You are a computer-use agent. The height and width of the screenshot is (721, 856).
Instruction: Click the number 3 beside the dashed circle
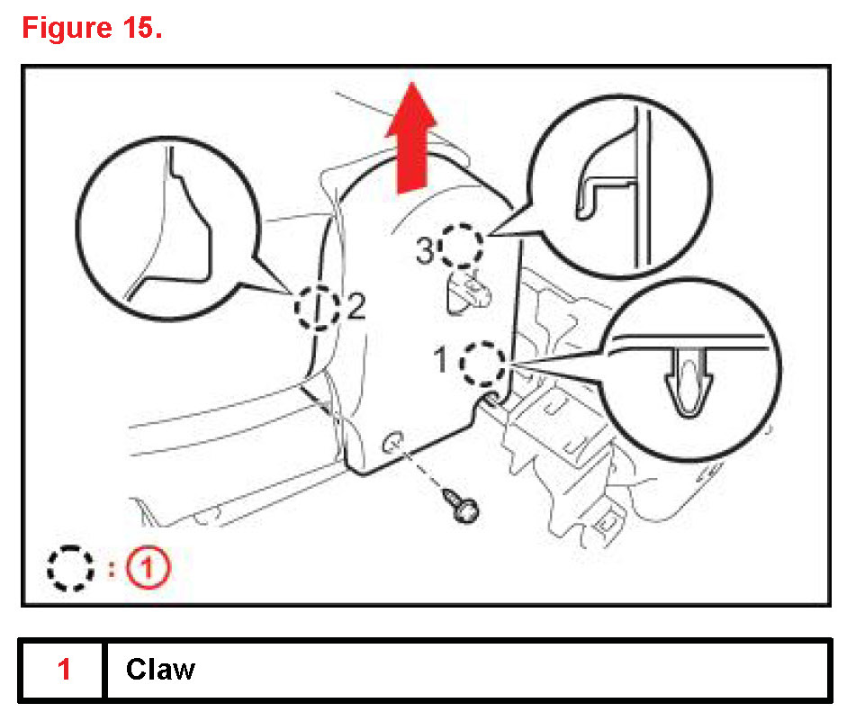click(427, 252)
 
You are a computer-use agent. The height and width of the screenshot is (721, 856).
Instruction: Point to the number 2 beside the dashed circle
click(355, 309)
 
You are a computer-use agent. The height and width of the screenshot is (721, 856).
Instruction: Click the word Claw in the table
click(160, 670)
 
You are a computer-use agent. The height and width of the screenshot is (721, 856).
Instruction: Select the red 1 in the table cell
click(64, 670)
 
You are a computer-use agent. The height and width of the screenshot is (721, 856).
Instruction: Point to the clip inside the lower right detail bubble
click(689, 383)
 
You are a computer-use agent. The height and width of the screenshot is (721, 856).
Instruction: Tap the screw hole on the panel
click(392, 441)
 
